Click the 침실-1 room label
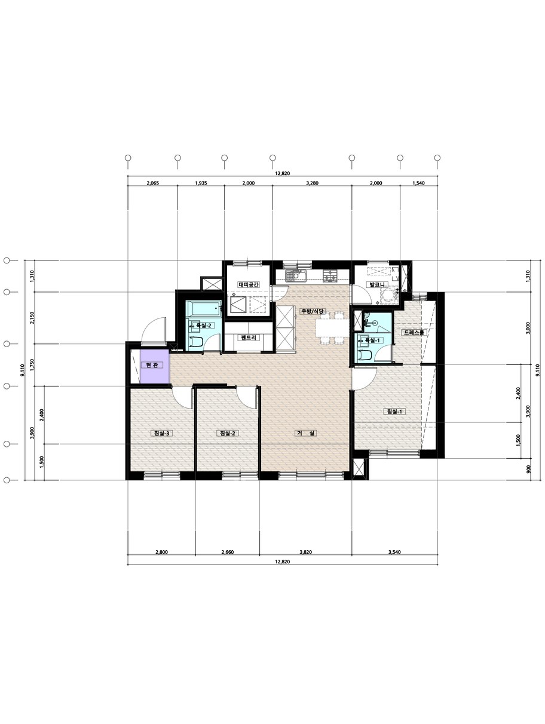coord(394,412)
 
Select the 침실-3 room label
coord(160,433)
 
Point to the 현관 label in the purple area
coord(151,365)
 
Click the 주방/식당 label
coord(313,311)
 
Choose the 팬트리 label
coord(249,338)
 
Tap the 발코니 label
coord(376,284)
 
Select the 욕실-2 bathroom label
coord(203,325)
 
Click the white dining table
coord(332,328)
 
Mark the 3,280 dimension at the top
coord(312,183)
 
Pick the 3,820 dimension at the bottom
coord(305,552)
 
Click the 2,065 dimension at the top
coord(152,183)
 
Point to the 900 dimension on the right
coord(528,469)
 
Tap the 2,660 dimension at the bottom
coord(228,552)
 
